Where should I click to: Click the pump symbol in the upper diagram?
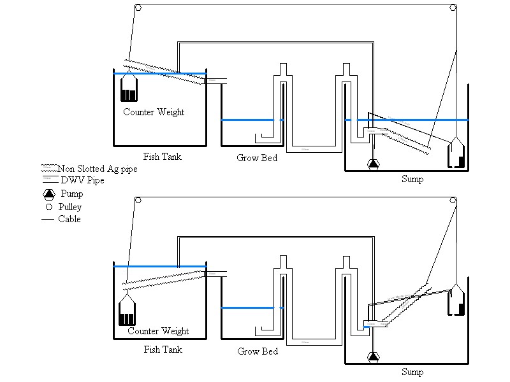(373, 164)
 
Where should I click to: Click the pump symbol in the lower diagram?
(373, 357)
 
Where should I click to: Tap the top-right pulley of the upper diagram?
(453, 8)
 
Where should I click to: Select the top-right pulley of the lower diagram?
(453, 201)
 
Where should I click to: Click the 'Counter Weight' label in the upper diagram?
(154, 112)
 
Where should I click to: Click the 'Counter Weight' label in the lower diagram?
(158, 331)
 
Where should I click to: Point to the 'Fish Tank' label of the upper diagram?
(162, 156)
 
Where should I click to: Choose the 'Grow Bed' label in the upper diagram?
(257, 157)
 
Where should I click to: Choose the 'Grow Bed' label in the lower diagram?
(258, 351)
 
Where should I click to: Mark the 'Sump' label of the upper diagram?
(412, 179)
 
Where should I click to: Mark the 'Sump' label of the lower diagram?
(412, 372)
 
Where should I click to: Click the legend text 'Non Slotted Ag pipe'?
(98, 169)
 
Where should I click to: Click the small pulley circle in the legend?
(48, 207)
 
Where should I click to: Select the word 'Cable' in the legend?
(69, 219)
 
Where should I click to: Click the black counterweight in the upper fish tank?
(129, 95)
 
